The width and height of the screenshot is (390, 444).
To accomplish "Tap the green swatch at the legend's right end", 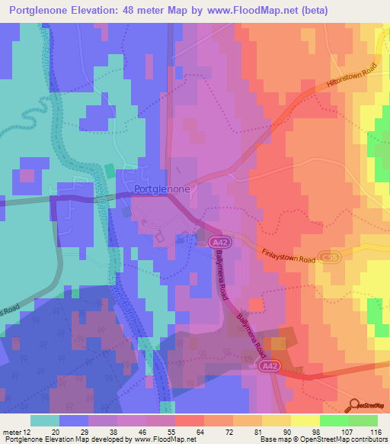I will coord(363,420).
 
